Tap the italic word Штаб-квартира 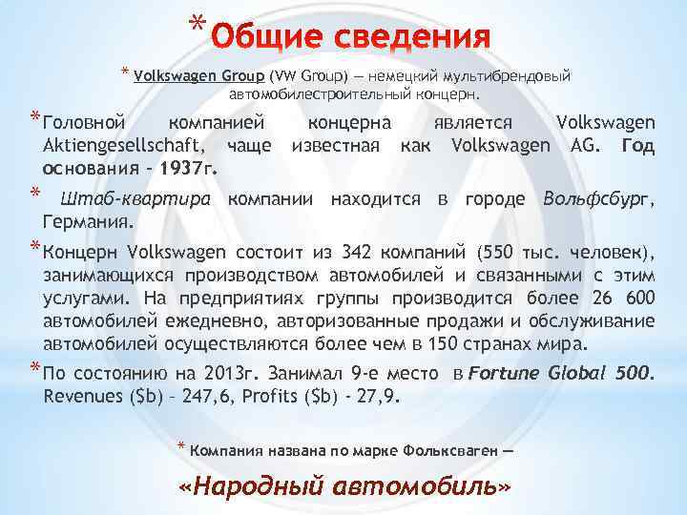[x=137, y=198]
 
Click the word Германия [x=87, y=221]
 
